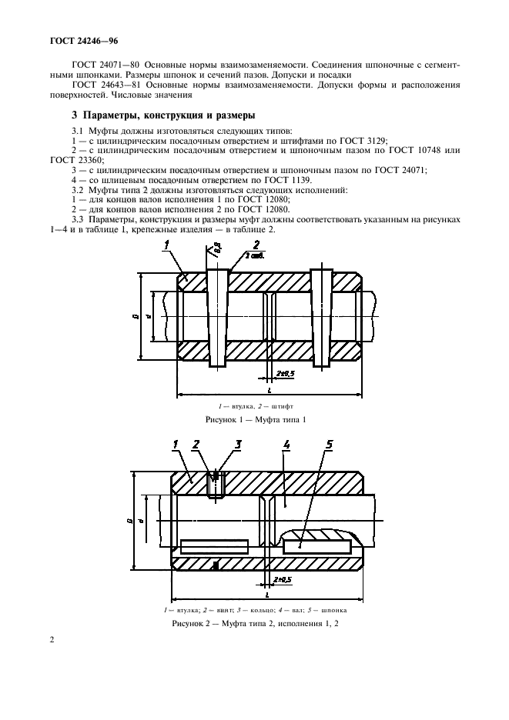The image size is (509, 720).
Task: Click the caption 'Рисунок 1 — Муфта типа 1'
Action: pyautogui.click(x=256, y=419)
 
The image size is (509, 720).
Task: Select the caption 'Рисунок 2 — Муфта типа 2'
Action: pyautogui.click(x=256, y=623)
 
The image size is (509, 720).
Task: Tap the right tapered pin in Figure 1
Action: pyautogui.click(x=321, y=317)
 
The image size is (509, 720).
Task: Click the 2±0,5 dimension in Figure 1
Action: pyautogui.click(x=286, y=373)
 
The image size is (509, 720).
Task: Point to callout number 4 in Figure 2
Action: pyautogui.click(x=286, y=445)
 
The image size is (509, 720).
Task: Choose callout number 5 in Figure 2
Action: pyautogui.click(x=329, y=445)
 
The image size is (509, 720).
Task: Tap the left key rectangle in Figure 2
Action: pyautogui.click(x=215, y=546)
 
